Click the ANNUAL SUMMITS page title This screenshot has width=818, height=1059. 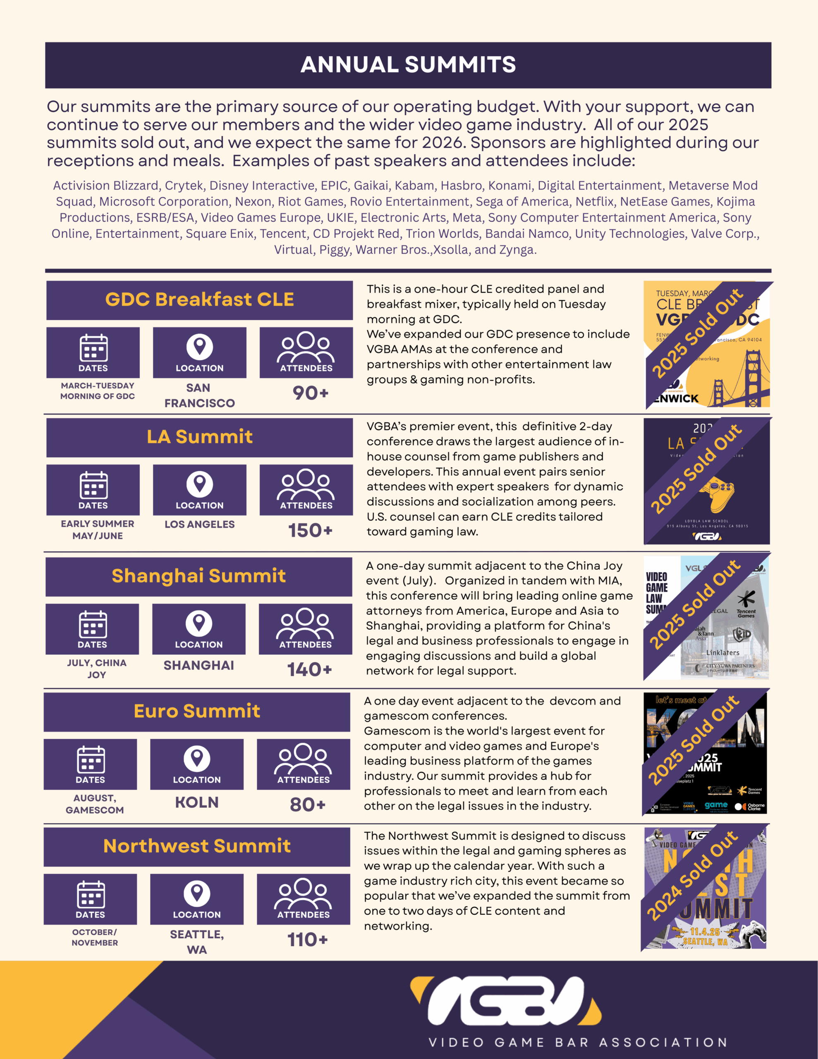(408, 65)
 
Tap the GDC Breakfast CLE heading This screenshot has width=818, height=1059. (199, 299)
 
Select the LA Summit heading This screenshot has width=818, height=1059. (199, 437)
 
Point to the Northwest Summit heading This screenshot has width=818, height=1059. (197, 846)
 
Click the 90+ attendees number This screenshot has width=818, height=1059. (310, 393)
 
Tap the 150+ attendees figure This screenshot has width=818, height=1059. (310, 530)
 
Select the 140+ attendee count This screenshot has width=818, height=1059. (309, 670)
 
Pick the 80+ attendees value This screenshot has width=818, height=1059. (307, 805)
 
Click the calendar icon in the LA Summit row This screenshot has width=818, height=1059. (93, 485)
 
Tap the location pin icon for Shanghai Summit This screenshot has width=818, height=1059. (199, 623)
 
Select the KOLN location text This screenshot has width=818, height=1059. (197, 803)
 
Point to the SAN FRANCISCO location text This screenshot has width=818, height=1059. (199, 395)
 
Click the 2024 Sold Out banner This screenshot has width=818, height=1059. (692, 876)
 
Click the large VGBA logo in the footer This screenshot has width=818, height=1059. (506, 1001)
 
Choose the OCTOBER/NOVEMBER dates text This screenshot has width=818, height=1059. (95, 937)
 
